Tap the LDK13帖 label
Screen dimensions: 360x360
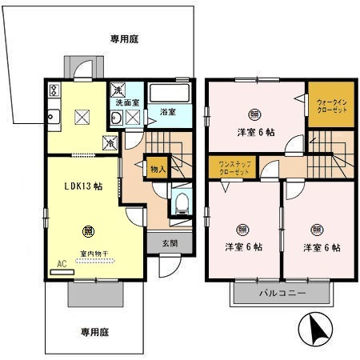point(83,186)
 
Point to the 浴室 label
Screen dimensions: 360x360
point(166,111)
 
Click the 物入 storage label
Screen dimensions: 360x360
point(158,169)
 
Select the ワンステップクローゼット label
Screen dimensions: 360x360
point(227,169)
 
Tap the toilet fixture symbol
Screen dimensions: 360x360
point(182,201)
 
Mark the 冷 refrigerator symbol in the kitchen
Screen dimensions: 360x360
point(110,145)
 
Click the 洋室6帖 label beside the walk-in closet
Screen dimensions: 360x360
point(255,131)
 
